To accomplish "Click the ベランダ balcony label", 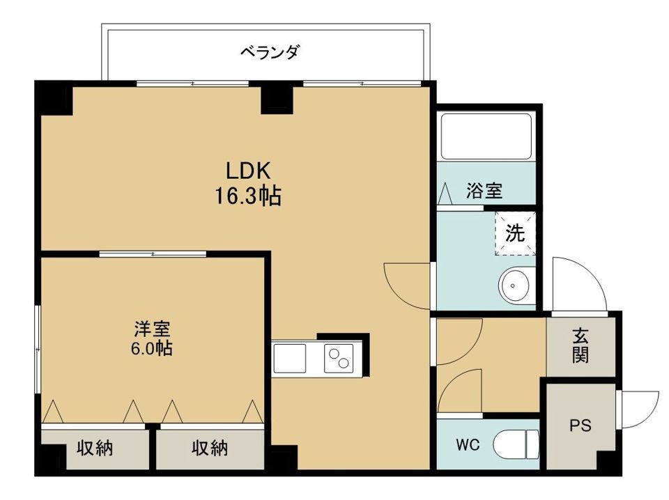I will tap(270, 52).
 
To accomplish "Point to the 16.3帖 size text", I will tap(247, 197).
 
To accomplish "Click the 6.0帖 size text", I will tap(152, 348).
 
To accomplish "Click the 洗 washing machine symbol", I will tap(515, 233).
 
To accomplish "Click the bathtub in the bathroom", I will tap(487, 137).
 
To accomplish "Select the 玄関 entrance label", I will tap(580, 345).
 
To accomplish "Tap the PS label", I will tap(580, 425).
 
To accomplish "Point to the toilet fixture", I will tap(516, 444).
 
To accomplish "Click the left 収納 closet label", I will tap(95, 449).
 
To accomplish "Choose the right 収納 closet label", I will tap(210, 449).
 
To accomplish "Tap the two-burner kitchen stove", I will tap(339, 358).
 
